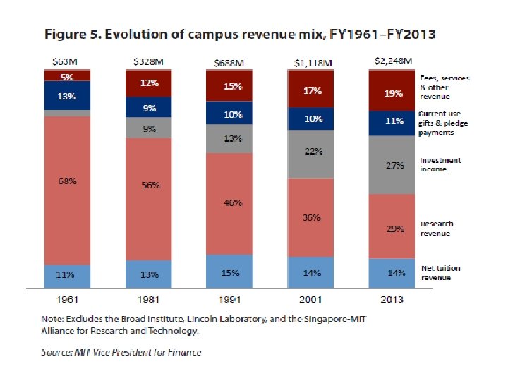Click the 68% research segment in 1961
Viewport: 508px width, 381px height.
[67, 181]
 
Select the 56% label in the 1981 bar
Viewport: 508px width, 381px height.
[150, 186]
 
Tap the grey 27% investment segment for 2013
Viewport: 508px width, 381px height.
[394, 166]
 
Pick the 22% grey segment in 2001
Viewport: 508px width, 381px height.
[313, 151]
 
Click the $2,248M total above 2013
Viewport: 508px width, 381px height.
[393, 61]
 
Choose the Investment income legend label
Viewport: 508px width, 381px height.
[440, 164]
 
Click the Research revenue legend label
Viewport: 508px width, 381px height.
[437, 228]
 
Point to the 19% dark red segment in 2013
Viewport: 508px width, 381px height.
[394, 92]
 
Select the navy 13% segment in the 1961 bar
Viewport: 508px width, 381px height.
[67, 97]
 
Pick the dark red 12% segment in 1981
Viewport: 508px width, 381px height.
[150, 83]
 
